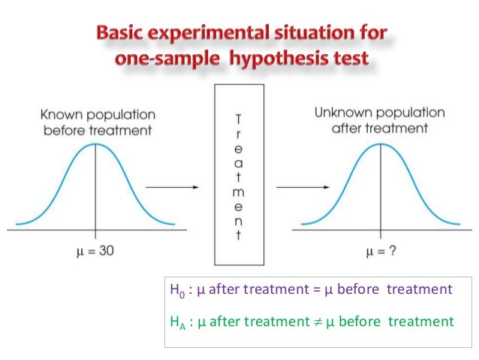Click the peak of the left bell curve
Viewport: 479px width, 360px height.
(x=95, y=144)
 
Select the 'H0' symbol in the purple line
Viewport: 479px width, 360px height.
(x=178, y=290)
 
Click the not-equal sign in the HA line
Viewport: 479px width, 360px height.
(x=323, y=321)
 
